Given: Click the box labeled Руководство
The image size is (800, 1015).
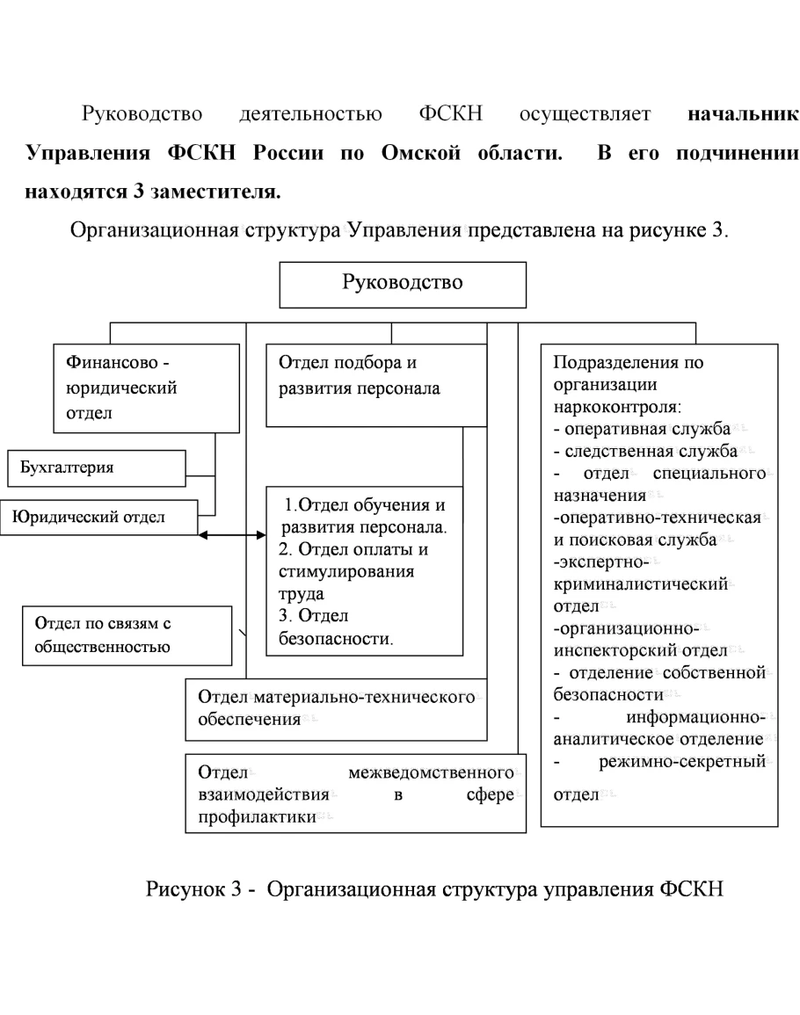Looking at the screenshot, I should [x=404, y=284].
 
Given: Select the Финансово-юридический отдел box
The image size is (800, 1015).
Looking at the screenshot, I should [x=146, y=388].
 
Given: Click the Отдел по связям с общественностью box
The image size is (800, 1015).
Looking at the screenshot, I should [x=127, y=635].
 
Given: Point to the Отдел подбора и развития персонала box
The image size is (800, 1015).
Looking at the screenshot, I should [x=375, y=384].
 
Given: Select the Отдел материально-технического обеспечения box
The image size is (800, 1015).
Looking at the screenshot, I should [x=337, y=708].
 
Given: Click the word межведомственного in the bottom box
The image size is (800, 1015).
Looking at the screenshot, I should [x=431, y=774].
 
